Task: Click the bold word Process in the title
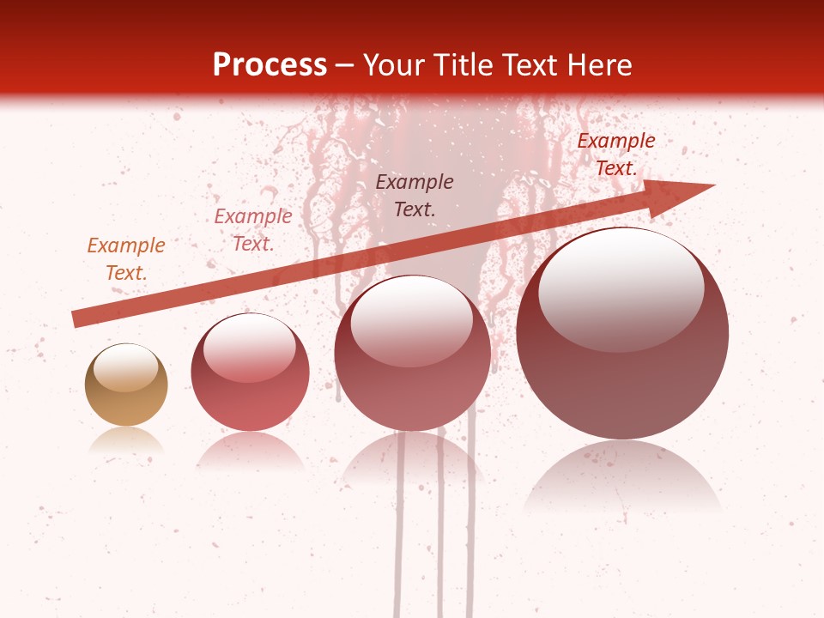tap(270, 65)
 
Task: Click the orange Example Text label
tap(126, 259)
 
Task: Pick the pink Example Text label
tap(253, 230)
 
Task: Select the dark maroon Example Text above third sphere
tap(415, 195)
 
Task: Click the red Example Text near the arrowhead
tap(615, 154)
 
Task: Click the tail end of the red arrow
tap(76, 319)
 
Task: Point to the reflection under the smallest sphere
tap(126, 441)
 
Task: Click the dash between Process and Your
tap(345, 66)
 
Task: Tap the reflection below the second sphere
tap(250, 450)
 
